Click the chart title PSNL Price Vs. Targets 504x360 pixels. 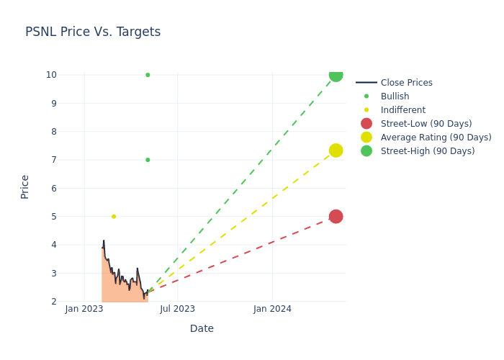tap(93, 32)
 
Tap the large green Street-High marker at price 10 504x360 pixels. tap(336, 75)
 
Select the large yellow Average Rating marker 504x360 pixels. tap(336, 150)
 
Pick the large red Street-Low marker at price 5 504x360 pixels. tap(336, 217)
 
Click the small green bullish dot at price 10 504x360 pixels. tap(148, 75)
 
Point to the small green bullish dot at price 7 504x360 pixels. tap(148, 160)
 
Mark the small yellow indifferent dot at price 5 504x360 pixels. tap(114, 217)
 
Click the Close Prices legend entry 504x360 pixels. tap(406, 83)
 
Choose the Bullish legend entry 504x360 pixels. tap(395, 96)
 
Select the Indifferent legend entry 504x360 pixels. tap(402, 110)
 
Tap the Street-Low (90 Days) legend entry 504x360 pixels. tap(426, 124)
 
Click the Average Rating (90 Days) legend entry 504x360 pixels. tap(436, 138)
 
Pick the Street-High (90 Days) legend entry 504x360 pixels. tap(428, 151)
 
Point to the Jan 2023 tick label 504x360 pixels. tap(84, 309)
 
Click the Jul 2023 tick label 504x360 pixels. tap(178, 309)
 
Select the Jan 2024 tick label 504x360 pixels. tap(272, 309)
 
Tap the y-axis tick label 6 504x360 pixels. tap(53, 189)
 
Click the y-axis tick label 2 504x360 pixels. tap(53, 302)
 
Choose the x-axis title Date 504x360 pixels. tap(202, 329)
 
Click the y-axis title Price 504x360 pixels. tap(25, 186)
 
